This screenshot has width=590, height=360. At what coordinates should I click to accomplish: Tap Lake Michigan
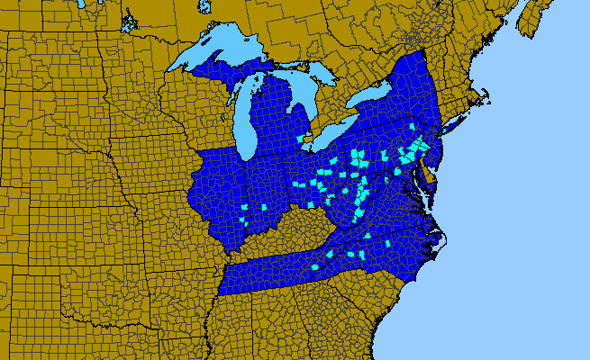pyautogui.click(x=247, y=117)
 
